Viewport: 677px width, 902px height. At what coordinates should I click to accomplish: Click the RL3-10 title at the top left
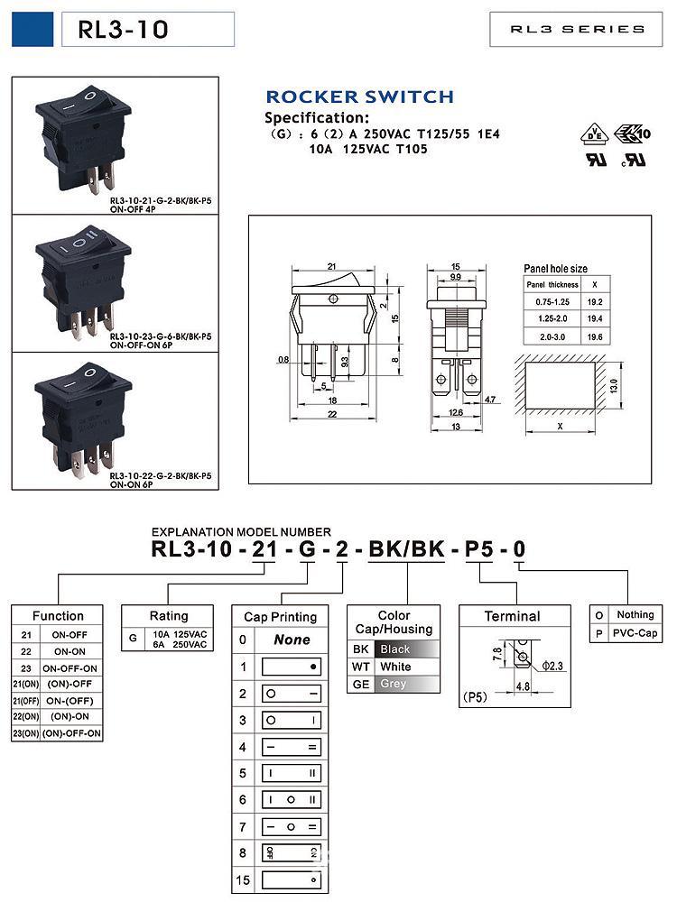(124, 30)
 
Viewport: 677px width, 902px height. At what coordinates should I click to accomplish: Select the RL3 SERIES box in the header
(578, 30)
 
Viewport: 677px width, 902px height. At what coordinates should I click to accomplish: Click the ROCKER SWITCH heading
(359, 97)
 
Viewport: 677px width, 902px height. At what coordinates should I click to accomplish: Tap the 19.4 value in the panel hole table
(595, 318)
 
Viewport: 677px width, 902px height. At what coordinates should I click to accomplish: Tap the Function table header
(58, 616)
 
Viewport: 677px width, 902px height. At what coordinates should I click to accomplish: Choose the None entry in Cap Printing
(292, 640)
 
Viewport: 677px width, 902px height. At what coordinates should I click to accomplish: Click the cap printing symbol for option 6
(292, 800)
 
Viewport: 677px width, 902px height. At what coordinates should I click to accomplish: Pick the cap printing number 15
(242, 879)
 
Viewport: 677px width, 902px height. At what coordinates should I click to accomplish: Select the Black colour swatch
(407, 649)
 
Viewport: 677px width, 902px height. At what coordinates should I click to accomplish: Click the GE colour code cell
(361, 684)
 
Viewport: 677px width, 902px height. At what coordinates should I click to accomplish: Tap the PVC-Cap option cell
(635, 633)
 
